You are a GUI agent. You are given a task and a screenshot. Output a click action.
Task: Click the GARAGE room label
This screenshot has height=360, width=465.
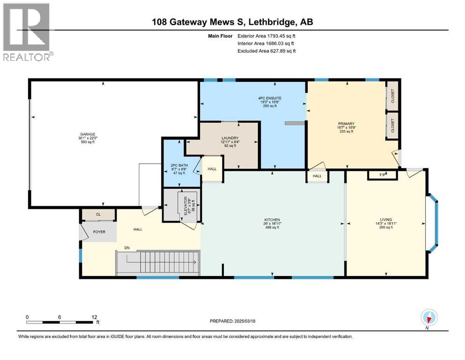pos(88,134)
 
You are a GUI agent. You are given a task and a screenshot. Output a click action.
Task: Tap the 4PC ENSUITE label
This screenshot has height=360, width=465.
pos(270,98)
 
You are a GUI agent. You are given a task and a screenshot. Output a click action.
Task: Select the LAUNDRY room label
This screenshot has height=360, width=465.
pos(230,138)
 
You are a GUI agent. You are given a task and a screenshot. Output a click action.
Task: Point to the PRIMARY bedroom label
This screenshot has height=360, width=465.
pos(347,124)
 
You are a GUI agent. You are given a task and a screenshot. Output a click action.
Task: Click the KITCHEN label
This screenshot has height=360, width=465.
pos(272,220)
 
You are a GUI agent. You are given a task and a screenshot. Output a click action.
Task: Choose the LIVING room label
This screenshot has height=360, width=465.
pos(386,220)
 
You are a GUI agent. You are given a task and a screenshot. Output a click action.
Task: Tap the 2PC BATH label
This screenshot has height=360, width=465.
pos(179,165)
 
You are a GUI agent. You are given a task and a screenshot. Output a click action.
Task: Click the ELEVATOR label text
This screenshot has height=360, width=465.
pos(186,206)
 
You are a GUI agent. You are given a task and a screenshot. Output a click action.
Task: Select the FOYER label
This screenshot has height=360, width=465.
pos(99,232)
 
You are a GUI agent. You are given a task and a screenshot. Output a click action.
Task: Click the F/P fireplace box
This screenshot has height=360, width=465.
pos(383,175)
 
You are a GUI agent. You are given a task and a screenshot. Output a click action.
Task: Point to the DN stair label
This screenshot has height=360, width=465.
pos(127,248)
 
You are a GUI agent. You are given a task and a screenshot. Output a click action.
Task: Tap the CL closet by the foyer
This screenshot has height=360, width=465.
pos(98,214)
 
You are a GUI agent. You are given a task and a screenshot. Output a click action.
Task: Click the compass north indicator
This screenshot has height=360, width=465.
pos(429,318)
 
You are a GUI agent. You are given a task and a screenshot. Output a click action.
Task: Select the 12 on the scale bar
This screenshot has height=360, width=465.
pos(94,317)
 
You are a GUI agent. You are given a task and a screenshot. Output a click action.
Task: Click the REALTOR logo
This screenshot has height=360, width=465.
pos(27,32)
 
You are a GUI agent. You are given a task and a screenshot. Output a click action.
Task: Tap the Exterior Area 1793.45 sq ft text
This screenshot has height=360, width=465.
pos(266,36)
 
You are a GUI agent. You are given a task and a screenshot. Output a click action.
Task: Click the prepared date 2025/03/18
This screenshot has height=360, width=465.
pos(244,321)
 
